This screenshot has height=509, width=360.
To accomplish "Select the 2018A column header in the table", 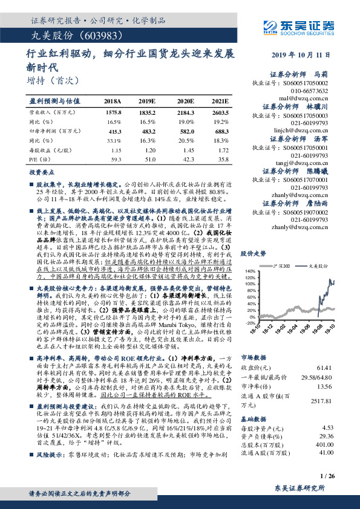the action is point(113,101).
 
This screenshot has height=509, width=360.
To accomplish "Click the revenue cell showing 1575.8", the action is point(114,112).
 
